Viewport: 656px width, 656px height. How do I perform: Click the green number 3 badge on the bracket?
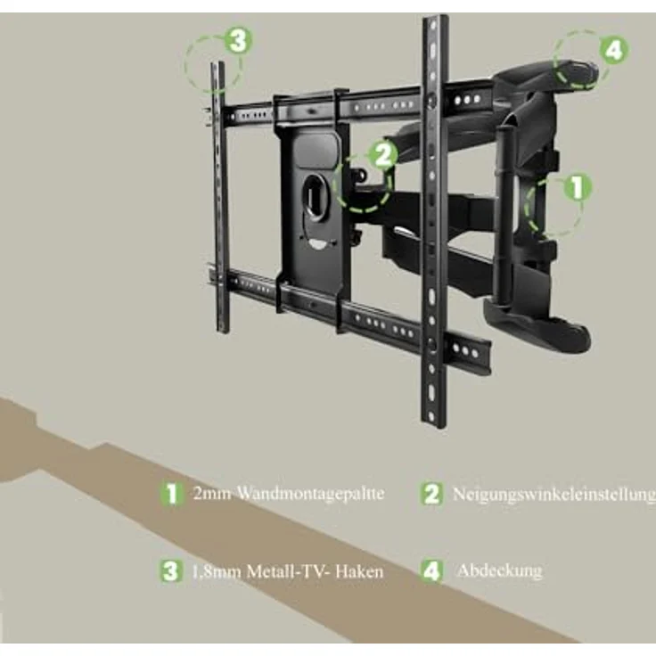point(238,41)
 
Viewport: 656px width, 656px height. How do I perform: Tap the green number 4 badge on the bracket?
point(614,50)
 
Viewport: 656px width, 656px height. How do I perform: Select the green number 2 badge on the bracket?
point(382,155)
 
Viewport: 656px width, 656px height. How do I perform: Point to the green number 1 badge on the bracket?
point(578,187)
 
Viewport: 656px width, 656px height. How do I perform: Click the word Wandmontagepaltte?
point(310,494)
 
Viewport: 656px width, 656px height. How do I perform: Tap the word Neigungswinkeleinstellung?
point(553,495)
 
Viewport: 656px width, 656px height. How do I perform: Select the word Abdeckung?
point(499,570)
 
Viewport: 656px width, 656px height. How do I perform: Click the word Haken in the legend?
point(359,571)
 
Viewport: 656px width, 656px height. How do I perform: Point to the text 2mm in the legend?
point(212,494)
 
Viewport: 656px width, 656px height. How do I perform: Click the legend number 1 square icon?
point(171,493)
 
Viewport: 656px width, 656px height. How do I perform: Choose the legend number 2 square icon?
point(431,494)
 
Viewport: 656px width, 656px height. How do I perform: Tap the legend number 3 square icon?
point(171,571)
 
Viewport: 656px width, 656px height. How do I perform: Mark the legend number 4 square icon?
point(431,570)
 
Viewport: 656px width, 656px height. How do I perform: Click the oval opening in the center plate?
point(315,197)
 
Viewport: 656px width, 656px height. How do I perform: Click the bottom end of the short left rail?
point(223,332)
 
